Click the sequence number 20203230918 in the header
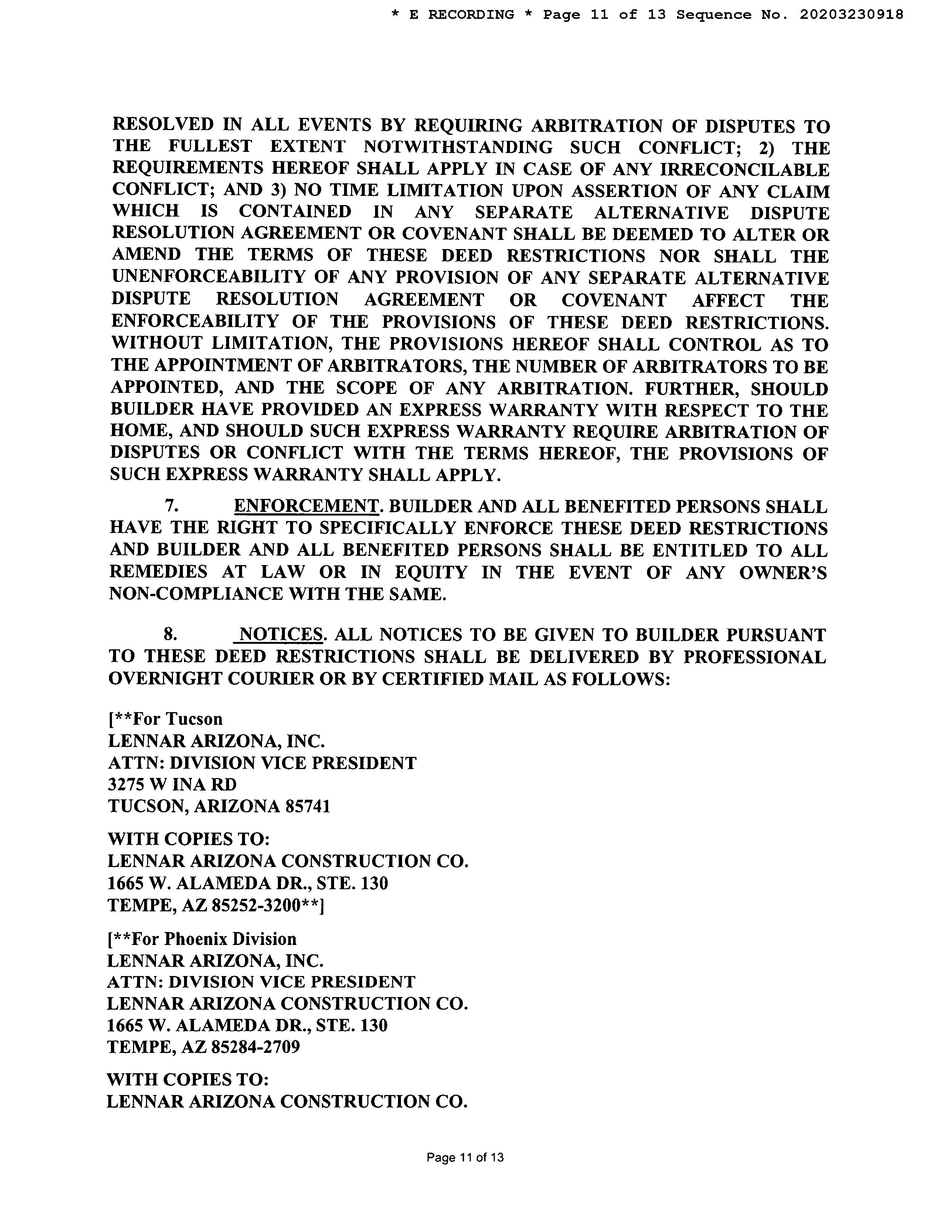pyautogui.click(x=851, y=14)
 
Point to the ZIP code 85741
pyautogui.click(x=308, y=806)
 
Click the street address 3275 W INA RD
pyautogui.click(x=172, y=784)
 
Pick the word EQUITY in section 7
pyautogui.click(x=431, y=572)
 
